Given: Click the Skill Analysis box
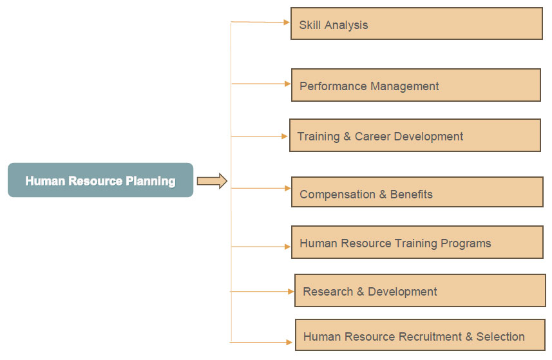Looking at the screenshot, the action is point(417,24).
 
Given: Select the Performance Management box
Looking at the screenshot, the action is point(415,85).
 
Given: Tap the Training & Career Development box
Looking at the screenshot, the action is point(415,135).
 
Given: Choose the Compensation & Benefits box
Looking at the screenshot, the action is point(417,192).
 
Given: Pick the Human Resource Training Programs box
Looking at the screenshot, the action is point(417,242).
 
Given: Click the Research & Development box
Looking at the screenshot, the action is point(420,290).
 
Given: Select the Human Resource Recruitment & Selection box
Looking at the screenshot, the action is point(420,335).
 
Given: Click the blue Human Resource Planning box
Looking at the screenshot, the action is point(100,180).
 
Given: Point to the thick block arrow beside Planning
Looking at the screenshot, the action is point(212,181).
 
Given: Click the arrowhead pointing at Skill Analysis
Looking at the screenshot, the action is point(287,23).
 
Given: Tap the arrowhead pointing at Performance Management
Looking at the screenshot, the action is point(288,84).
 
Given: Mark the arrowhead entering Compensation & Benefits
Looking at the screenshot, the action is point(288,188).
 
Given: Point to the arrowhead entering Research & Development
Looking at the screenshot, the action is point(290,291).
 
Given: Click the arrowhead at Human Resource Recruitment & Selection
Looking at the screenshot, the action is point(289,342).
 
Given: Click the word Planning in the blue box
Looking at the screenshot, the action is point(151,181).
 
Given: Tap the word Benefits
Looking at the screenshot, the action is point(411,194).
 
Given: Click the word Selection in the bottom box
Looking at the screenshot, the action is point(500,336).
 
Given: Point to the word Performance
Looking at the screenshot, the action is point(333,86).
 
